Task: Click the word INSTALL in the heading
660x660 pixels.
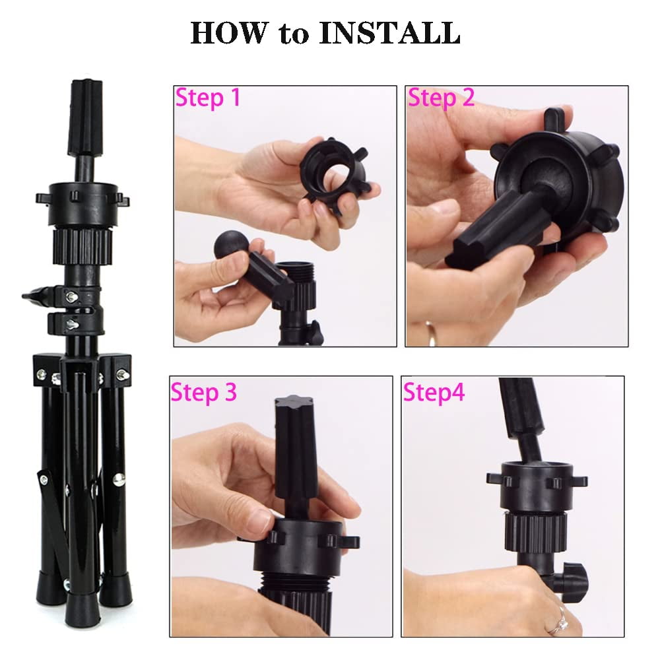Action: coord(389,32)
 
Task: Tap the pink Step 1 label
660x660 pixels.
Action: coord(207,98)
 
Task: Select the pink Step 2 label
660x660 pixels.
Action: coord(441,98)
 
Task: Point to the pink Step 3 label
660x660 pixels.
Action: coord(204,393)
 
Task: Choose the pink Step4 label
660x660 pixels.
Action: coord(434,393)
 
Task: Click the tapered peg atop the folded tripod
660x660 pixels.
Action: coord(86,118)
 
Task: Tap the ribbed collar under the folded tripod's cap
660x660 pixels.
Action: coord(82,246)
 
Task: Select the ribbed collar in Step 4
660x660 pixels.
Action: coord(535,533)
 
